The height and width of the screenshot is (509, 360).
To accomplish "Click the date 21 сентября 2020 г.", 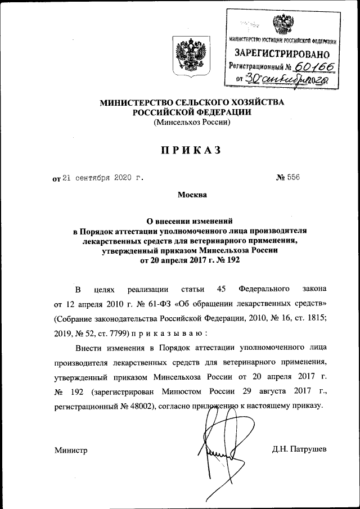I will [x=102, y=178].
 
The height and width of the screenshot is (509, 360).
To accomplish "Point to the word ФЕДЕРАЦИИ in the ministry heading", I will [x=223, y=112].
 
